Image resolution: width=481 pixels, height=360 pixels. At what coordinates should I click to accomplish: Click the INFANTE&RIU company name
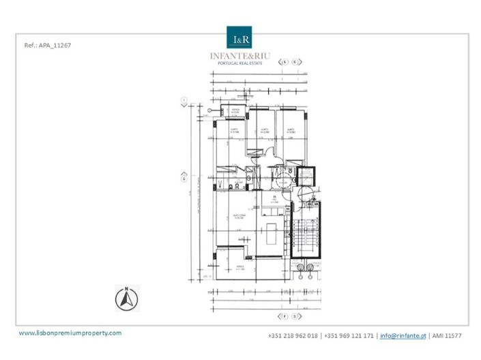240,56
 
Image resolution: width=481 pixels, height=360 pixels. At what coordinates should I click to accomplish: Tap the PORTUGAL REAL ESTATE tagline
240,63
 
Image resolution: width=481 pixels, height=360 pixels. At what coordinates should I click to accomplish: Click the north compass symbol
126,297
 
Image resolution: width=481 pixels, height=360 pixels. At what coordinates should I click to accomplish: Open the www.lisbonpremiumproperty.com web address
70,333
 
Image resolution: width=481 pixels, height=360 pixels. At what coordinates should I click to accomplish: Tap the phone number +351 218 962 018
293,336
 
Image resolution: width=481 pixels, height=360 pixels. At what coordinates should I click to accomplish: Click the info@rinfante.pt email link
403,336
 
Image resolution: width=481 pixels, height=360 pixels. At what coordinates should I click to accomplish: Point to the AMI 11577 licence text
448,336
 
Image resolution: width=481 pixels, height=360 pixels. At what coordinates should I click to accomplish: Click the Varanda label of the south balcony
240,267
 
